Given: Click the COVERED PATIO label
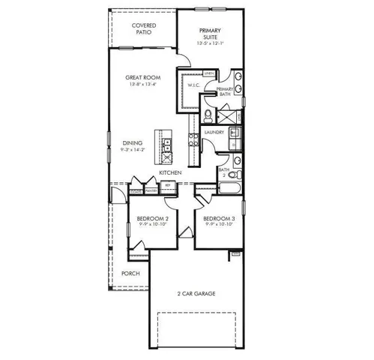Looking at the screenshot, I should pyautogui.click(x=143, y=29).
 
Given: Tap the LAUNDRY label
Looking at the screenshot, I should pyautogui.click(x=214, y=133).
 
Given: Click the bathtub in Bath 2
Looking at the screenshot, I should pyautogui.click(x=230, y=187).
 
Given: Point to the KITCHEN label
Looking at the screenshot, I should pyautogui.click(x=170, y=173).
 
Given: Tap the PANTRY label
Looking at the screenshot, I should pyautogui.click(x=151, y=190).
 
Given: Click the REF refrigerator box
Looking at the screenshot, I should pyautogui.click(x=169, y=184).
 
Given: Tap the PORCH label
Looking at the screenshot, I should pyautogui.click(x=130, y=273).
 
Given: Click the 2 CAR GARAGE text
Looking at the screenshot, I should pyautogui.click(x=196, y=293).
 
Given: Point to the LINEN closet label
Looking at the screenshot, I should pyautogui.click(x=209, y=73).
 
